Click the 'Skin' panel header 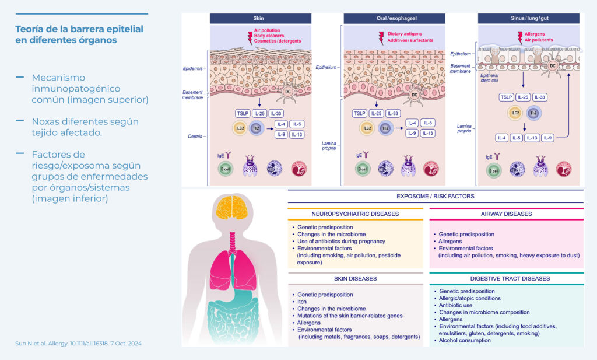259,19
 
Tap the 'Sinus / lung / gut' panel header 529,19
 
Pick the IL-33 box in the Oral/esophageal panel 393,113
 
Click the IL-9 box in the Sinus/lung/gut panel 547,138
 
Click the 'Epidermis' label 192,68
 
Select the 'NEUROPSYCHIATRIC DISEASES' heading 355,214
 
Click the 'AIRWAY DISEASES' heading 506,214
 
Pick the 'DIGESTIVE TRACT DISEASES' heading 506,279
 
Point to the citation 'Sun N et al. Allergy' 78,343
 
